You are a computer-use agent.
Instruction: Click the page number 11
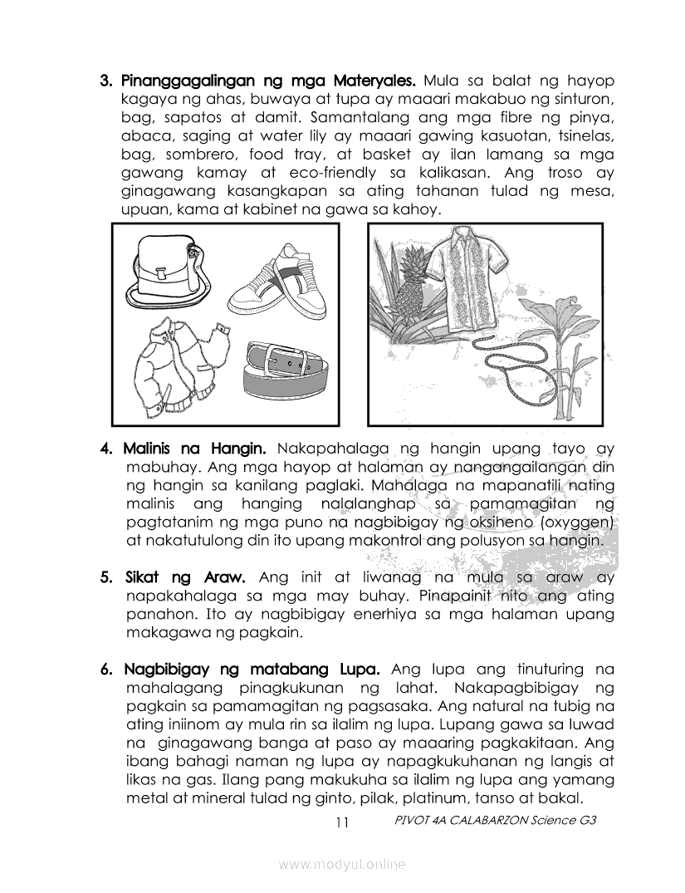[341, 822]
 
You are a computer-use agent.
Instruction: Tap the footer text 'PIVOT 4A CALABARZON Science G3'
[497, 820]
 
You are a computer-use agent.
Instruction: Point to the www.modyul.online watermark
[342, 865]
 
